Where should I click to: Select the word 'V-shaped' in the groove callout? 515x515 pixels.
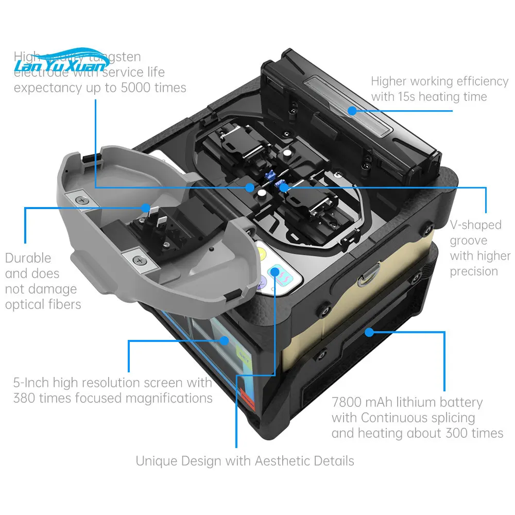[475, 225]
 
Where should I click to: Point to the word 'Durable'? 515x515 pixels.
[28, 258]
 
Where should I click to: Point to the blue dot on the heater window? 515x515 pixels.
[352, 110]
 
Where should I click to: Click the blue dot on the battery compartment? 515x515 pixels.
[369, 332]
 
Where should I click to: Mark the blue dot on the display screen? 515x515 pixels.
[225, 340]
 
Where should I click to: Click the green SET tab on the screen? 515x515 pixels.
[244, 354]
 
